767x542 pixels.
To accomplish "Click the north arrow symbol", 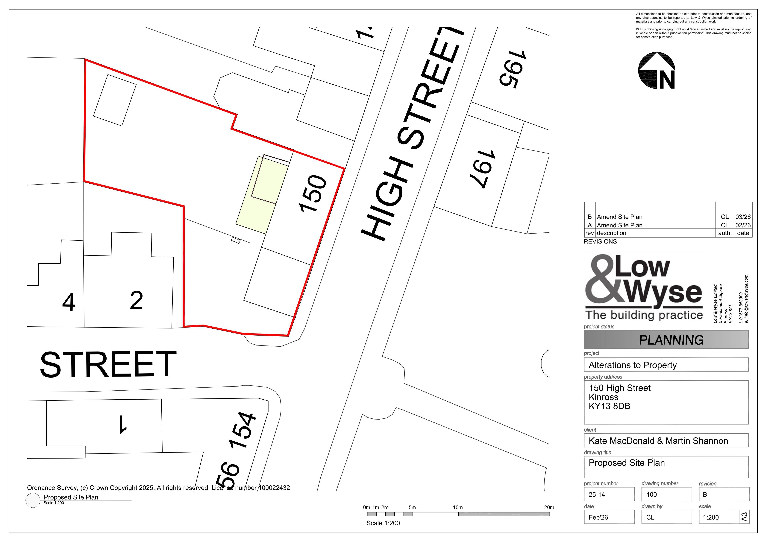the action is tap(657, 70).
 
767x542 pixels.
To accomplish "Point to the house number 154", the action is tap(242, 431).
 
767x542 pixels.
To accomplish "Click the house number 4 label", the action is tap(69, 302).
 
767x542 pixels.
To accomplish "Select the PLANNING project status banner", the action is tap(666, 340).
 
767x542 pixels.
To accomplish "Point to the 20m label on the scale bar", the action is tap(549, 507).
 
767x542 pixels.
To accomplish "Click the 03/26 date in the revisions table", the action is tap(743, 217).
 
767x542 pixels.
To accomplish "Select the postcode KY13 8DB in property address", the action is tap(609, 406).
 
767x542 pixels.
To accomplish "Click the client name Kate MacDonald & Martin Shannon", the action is tap(658, 441).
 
